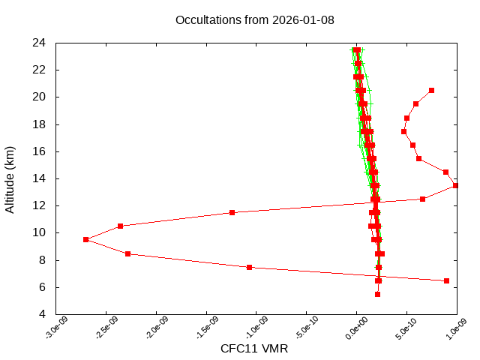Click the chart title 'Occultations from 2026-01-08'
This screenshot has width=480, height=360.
point(254,19)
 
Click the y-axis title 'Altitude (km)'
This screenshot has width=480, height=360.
point(10,178)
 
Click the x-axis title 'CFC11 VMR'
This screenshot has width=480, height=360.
point(254,349)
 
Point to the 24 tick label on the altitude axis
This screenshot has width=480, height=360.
point(40,43)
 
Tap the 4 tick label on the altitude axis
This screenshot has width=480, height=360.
point(43,314)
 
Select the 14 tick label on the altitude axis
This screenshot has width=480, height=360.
point(40,178)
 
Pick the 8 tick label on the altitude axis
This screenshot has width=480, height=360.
point(43,260)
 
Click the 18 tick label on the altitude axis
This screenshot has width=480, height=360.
point(40,124)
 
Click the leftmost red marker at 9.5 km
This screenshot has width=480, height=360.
point(86,239)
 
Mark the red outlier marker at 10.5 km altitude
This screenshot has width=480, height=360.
point(120,226)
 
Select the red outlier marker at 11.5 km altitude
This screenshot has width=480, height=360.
point(232,212)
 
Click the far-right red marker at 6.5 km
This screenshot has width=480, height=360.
point(446,280)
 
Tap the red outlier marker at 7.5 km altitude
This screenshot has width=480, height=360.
point(250,267)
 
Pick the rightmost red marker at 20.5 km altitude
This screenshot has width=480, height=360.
point(431,90)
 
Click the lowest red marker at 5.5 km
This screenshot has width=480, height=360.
point(377,294)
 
